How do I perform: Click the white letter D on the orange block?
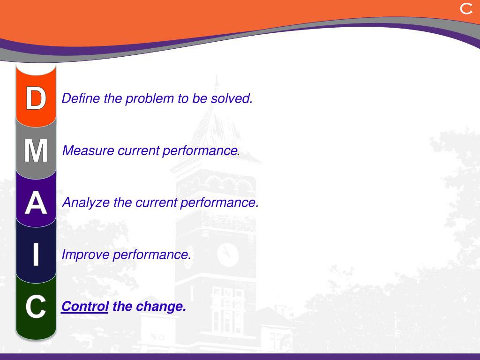(x=36, y=98)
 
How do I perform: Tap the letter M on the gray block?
(x=36, y=150)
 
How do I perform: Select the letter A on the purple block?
(x=36, y=202)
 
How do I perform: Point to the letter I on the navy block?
(x=36, y=254)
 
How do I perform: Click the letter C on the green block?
(x=36, y=307)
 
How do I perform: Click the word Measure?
(x=88, y=150)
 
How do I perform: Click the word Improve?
(x=85, y=255)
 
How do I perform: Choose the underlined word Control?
(x=85, y=307)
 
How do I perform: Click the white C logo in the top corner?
(x=466, y=9)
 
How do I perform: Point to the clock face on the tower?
(x=228, y=255)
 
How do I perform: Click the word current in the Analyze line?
(x=156, y=202)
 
